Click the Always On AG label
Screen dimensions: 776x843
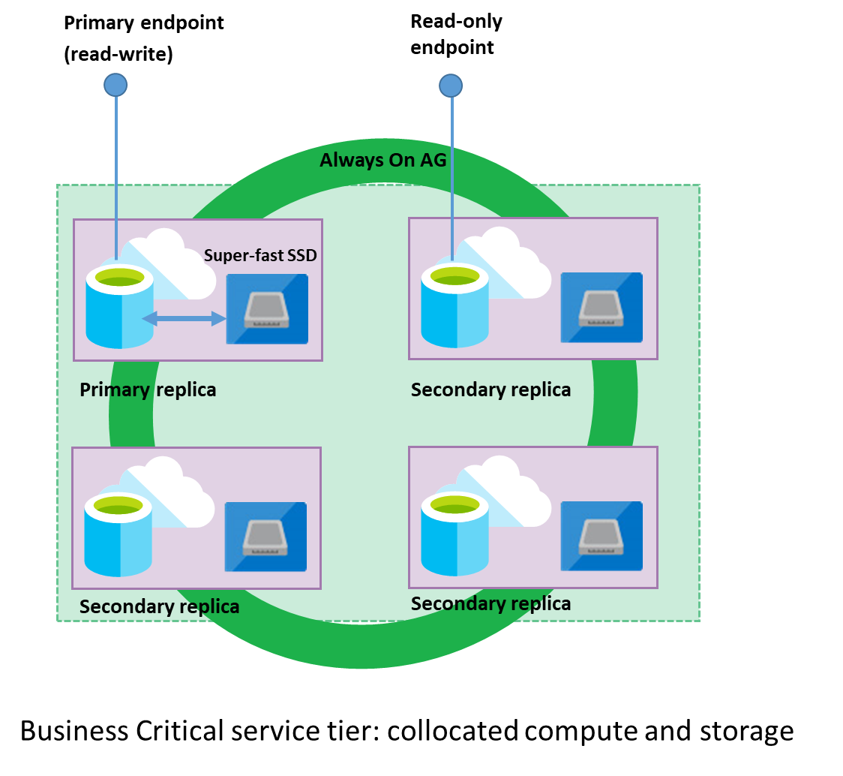pos(382,160)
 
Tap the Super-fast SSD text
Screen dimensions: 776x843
pos(260,255)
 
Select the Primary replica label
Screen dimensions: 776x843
pos(148,390)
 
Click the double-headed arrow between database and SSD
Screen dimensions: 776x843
pos(184,319)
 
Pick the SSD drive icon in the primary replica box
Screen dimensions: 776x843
pos(267,309)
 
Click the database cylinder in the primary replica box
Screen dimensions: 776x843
pos(119,308)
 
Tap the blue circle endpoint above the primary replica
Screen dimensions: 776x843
pos(115,85)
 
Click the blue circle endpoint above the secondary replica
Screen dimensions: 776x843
pos(451,86)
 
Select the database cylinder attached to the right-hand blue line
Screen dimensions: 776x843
pos(454,307)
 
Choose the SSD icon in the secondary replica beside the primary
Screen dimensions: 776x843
pos(601,308)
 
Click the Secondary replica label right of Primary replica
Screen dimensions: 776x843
pos(490,390)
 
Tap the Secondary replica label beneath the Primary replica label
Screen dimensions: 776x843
pos(159,606)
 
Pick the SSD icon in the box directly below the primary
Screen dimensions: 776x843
pos(265,537)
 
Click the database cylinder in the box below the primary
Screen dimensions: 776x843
pos(118,537)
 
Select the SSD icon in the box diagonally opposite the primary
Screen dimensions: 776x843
pos(601,537)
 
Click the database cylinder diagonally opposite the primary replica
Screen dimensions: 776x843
pos(454,537)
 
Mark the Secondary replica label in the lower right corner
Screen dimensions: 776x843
pos(490,603)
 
